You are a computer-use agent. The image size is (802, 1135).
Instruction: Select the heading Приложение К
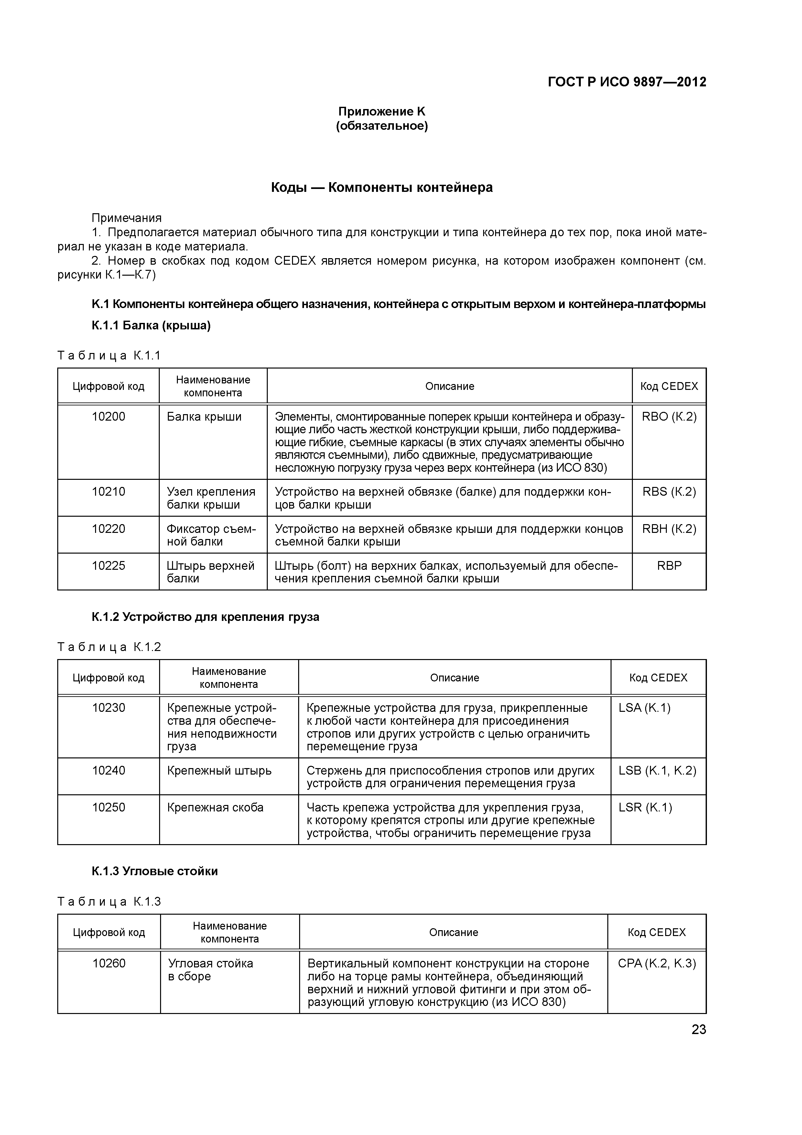382,111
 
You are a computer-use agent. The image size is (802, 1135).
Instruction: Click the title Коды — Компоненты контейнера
382,188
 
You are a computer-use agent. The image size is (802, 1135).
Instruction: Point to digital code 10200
108,417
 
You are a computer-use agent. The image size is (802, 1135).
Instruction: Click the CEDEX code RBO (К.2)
669,417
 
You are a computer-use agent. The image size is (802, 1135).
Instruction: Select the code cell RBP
669,566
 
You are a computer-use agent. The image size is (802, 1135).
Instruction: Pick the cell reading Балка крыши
204,417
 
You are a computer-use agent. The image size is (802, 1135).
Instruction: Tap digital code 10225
108,566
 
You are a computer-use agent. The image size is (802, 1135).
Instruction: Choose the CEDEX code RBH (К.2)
669,529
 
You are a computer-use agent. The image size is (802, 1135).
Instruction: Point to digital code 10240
109,771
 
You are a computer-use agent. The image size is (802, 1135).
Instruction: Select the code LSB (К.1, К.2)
657,771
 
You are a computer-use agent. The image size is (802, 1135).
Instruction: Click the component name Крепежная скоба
215,808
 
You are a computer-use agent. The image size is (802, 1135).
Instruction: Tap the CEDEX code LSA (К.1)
645,708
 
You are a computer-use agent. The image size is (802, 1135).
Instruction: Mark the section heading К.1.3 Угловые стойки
155,871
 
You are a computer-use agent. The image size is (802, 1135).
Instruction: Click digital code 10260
109,964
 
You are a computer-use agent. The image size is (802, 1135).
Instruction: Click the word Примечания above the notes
126,218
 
